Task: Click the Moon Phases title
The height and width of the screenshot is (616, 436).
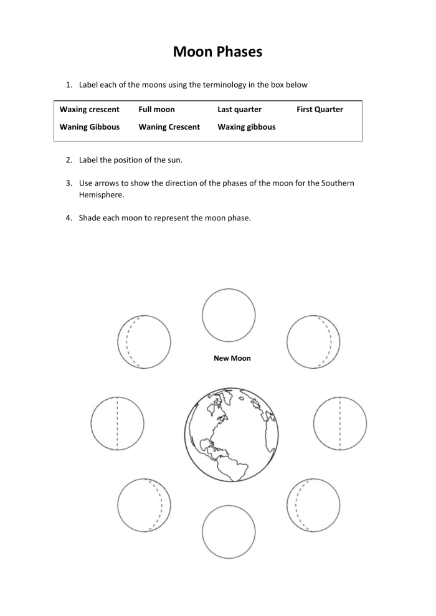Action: [x=217, y=52]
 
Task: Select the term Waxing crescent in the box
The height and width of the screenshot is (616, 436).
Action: [x=89, y=110]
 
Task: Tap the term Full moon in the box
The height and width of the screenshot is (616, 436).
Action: [x=156, y=110]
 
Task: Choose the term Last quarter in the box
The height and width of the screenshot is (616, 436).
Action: [x=239, y=110]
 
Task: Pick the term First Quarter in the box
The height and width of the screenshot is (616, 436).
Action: [x=320, y=110]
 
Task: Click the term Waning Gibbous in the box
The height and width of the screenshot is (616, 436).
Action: [x=89, y=127]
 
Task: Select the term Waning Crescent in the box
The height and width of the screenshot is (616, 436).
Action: [x=169, y=127]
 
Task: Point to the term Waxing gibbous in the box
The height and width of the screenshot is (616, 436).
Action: [x=246, y=127]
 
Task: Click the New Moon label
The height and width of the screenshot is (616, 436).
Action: [x=232, y=359]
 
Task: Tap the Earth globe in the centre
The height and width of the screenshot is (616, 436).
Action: [x=231, y=434]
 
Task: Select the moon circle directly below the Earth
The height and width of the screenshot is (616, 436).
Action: [x=229, y=531]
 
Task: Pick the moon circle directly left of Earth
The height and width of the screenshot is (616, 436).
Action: [x=117, y=424]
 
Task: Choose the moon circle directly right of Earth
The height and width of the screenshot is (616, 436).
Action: [x=340, y=424]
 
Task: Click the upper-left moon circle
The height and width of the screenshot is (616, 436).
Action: [x=144, y=342]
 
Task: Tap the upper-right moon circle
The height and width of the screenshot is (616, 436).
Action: [x=313, y=342]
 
